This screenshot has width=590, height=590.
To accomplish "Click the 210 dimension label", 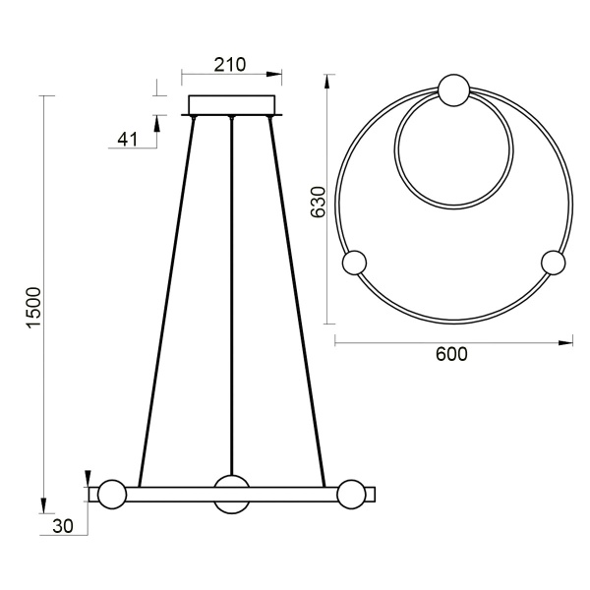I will (230, 65).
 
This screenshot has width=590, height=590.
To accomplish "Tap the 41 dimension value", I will (127, 139).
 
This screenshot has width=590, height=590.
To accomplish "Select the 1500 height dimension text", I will (32, 307).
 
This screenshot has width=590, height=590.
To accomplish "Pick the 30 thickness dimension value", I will (64, 526).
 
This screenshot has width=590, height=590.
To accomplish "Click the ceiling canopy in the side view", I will (232, 105).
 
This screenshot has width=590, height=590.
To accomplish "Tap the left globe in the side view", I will (111, 494).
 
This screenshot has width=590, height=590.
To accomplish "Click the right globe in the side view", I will (352, 494).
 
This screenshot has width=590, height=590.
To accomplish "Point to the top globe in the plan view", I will (453, 90).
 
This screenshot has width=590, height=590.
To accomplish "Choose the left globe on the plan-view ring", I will (353, 264).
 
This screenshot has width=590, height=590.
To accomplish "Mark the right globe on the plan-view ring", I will (554, 264).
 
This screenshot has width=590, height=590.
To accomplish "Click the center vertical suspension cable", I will (232, 295).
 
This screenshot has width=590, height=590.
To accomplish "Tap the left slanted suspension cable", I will (168, 295).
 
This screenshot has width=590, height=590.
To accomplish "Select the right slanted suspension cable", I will (296, 295).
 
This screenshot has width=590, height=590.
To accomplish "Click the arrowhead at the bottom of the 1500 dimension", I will (44, 506).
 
